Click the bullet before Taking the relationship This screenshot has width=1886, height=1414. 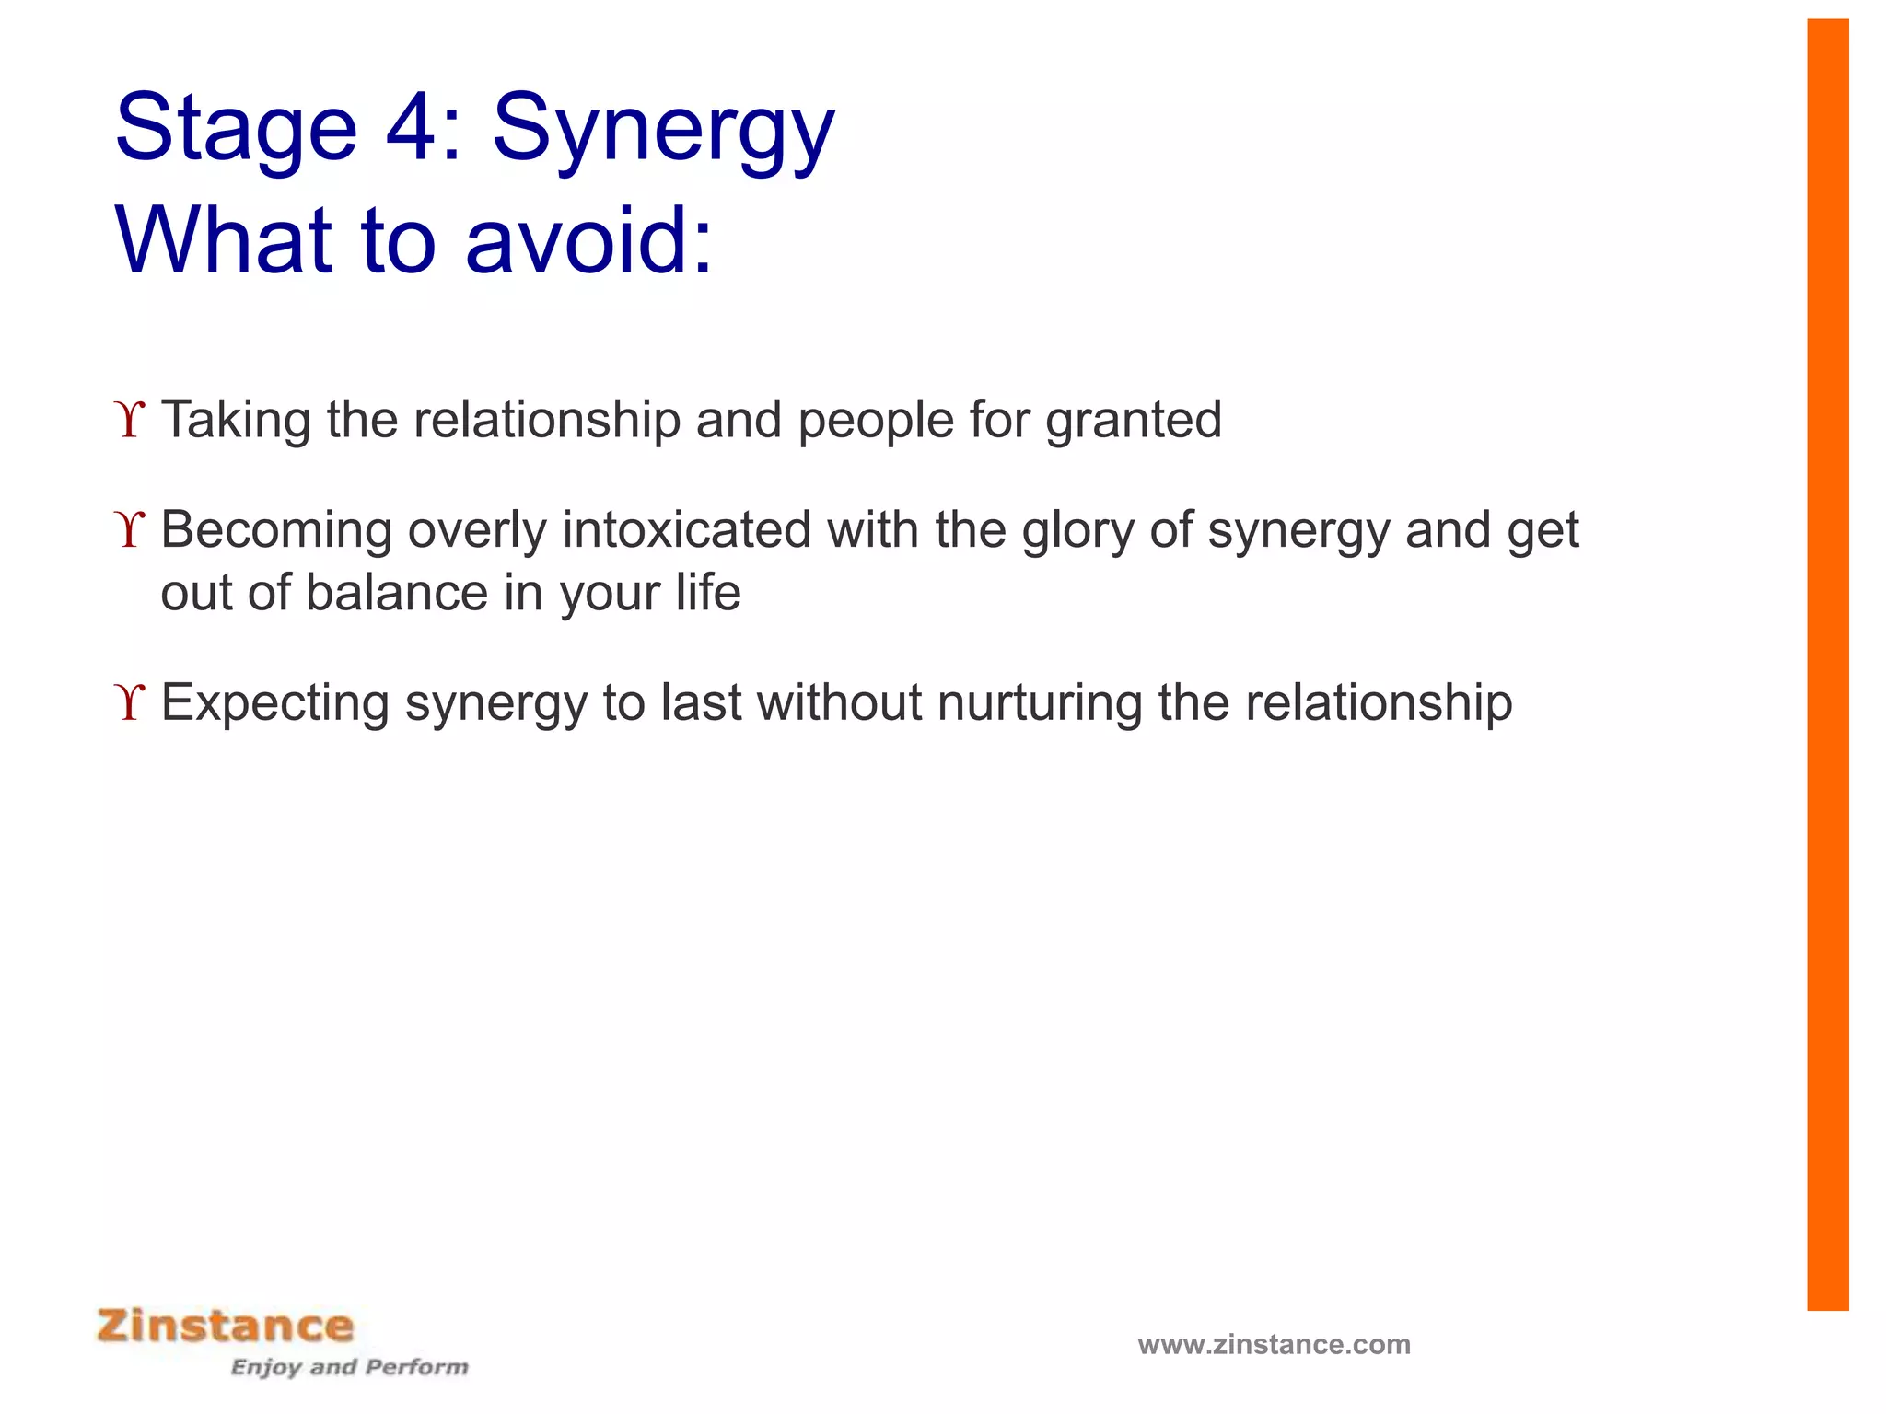click(x=131, y=420)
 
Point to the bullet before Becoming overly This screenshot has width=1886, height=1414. click(x=131, y=530)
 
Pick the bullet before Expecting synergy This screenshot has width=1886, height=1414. click(x=131, y=703)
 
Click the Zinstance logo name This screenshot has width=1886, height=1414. click(x=226, y=1327)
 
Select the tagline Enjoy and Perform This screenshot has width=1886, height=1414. click(x=349, y=1367)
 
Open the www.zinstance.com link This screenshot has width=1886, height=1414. click(x=1274, y=1344)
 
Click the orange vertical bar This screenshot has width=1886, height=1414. click(x=1827, y=663)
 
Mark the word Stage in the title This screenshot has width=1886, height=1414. click(x=236, y=129)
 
